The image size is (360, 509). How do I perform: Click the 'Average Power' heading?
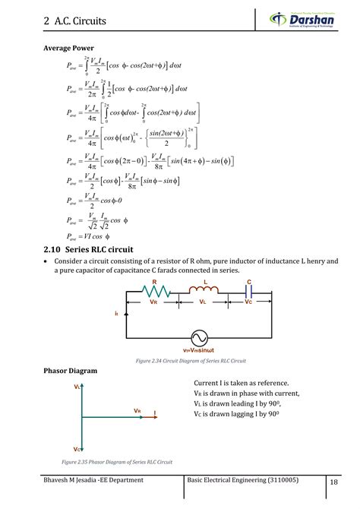[68, 48]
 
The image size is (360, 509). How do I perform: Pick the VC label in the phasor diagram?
[78, 449]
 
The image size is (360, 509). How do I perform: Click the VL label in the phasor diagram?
[77, 387]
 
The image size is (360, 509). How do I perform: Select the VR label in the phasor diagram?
[137, 410]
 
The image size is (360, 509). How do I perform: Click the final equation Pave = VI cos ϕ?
[97, 236]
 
